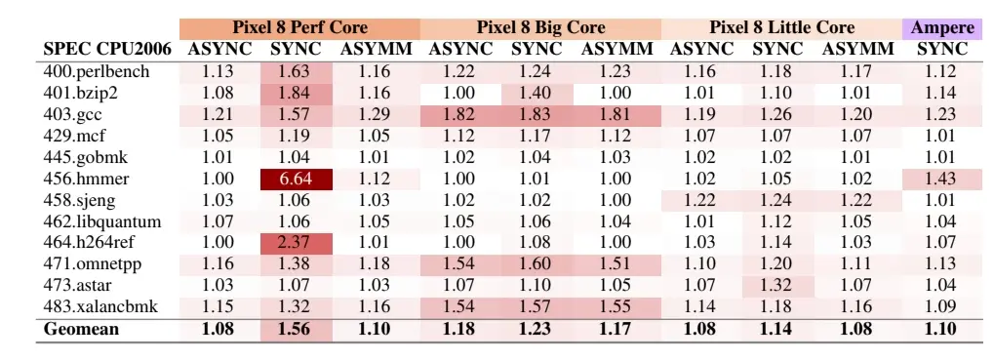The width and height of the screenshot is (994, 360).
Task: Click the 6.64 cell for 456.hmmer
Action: (296, 179)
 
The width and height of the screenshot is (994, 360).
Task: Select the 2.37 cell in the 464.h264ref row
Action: (296, 243)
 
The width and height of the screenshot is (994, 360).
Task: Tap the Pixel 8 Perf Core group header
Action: (299, 28)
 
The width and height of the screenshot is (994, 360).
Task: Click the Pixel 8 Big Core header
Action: (540, 28)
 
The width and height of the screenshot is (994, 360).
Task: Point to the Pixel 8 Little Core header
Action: (781, 28)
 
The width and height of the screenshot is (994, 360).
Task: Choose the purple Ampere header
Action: (942, 28)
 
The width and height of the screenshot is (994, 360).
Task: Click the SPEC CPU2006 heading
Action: (107, 50)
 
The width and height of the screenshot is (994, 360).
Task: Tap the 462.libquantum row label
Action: (102, 221)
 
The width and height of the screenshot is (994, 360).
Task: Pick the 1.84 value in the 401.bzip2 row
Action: (296, 94)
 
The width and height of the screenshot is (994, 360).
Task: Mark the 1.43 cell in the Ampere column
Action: (942, 179)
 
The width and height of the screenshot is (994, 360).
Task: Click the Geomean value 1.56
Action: (296, 329)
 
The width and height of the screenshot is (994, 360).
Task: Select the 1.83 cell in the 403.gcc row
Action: (537, 115)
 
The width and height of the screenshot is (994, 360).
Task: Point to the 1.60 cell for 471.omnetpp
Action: (537, 264)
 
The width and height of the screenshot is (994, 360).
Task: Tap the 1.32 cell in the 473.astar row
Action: (777, 286)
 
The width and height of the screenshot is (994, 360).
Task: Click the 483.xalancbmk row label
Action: (100, 307)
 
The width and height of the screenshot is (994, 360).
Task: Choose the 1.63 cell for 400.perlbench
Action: (296, 72)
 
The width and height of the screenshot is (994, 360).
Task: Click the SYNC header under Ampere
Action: (942, 50)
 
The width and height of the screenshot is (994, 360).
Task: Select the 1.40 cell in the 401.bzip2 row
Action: (537, 94)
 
